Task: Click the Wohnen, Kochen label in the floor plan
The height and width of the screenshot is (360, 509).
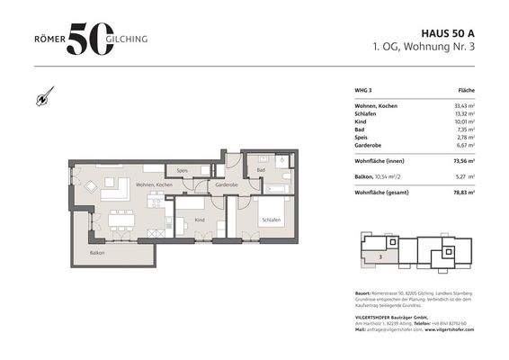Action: click(x=154, y=184)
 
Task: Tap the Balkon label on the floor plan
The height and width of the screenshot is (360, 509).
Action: click(x=96, y=253)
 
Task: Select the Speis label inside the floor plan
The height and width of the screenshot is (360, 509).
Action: click(x=182, y=170)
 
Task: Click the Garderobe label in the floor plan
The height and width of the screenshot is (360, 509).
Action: click(x=226, y=184)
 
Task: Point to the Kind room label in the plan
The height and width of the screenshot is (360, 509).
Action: click(x=200, y=220)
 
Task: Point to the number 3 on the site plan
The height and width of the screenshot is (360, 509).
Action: click(x=381, y=256)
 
